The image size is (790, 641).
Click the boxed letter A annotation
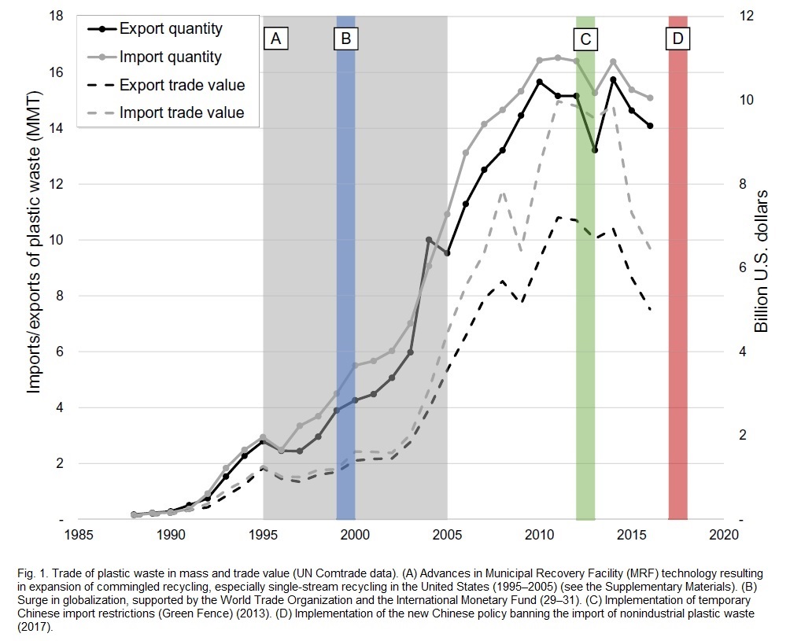[275, 38]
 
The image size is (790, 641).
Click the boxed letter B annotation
[345, 38]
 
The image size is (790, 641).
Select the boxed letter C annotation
[585, 38]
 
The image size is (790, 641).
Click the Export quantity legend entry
[171, 30]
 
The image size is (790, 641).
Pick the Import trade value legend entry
[182, 112]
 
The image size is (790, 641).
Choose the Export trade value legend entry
[182, 85]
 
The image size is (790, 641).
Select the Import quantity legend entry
[171, 57]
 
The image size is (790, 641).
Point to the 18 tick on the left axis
[57, 16]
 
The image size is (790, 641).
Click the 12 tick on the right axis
[744, 16]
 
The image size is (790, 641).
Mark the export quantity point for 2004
[429, 240]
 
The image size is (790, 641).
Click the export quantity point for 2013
[595, 150]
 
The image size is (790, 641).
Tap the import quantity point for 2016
[650, 98]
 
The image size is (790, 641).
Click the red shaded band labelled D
[677, 275]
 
